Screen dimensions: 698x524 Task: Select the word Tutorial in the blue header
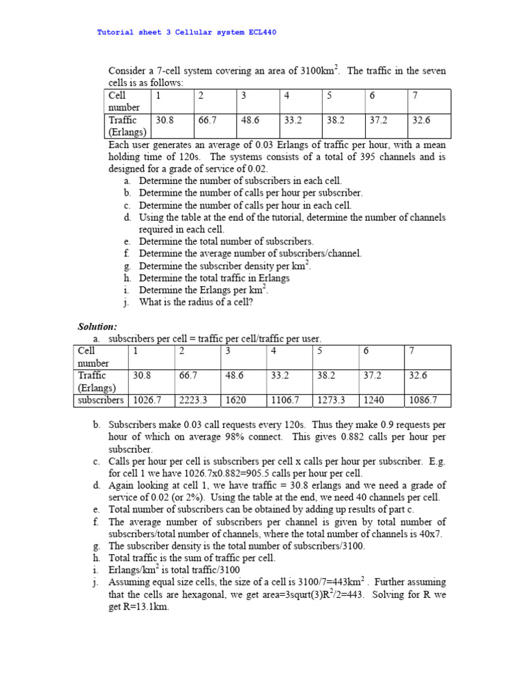click(x=117, y=32)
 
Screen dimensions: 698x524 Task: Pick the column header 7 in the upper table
click(x=415, y=95)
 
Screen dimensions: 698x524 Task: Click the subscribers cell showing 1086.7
click(x=423, y=401)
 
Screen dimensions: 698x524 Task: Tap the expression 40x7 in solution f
click(x=431, y=534)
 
